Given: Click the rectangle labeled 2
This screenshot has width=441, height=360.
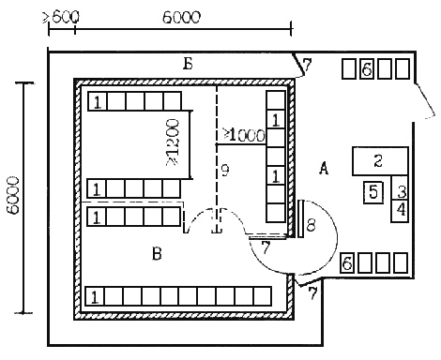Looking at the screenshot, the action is coord(380,161).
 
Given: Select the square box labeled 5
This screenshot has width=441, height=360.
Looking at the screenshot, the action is coord(373,192).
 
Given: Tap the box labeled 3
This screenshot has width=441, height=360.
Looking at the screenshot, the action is coord(400,187).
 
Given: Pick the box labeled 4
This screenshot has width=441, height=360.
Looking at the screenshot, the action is coord(400,211).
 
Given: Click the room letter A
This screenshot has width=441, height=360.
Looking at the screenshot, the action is coord(324,169).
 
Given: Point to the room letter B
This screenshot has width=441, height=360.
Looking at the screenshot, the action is coord(157,253).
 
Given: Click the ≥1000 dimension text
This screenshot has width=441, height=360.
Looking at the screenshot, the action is coord(244,135).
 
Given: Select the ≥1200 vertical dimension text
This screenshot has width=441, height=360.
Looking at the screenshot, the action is coord(174,142).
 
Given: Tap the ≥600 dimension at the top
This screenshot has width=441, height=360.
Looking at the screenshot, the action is coord(61,17).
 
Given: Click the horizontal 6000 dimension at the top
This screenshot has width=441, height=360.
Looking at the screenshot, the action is coord(181,18).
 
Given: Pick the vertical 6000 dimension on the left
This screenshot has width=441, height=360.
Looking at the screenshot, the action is coord(13,195).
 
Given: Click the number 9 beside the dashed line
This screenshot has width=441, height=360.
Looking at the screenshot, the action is coord(225,171).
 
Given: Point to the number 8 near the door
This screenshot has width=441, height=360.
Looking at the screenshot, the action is coord(311,224).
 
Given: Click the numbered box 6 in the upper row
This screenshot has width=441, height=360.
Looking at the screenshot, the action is coord(367,69).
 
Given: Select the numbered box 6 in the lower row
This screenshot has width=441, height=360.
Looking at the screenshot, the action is coord(348,262).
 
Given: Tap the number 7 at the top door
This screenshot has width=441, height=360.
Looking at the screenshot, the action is coord(308,65).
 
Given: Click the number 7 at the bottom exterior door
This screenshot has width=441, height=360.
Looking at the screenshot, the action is coord(312,293).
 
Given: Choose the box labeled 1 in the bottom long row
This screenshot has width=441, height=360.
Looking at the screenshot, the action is coord(95,296).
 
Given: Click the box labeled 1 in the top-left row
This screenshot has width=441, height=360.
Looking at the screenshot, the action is coord(98,101).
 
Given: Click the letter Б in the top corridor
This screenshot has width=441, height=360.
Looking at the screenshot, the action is coord(188,64).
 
